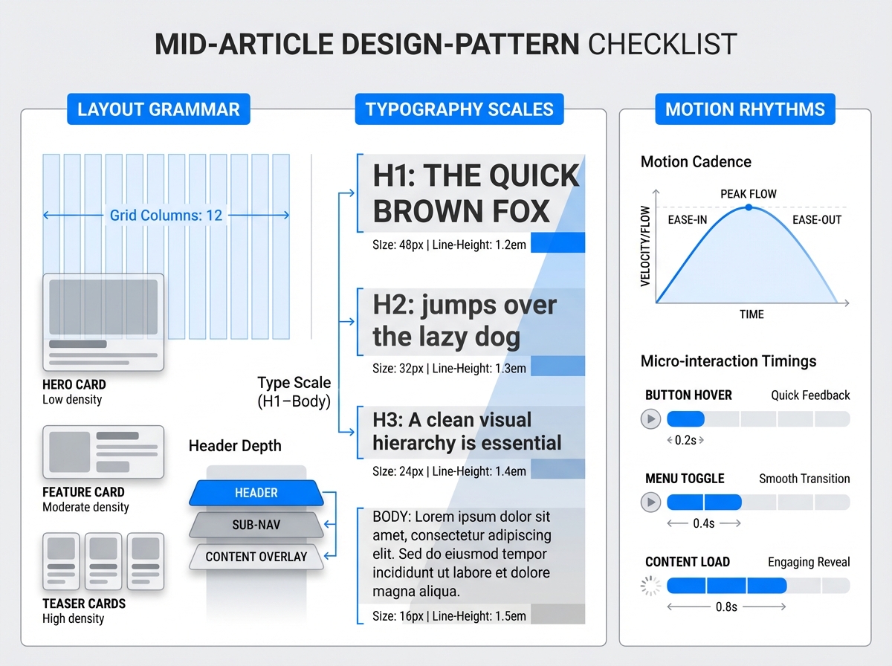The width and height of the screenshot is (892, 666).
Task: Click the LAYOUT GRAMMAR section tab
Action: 158,109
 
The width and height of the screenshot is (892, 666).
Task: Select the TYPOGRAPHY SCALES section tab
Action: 459,109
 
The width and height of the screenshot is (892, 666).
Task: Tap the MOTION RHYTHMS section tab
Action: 745,109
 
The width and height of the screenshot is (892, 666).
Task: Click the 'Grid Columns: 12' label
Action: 166,216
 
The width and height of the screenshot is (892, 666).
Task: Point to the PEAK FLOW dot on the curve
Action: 749,207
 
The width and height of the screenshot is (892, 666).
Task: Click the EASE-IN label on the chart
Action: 688,220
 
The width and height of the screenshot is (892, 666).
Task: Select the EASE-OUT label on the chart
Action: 816,220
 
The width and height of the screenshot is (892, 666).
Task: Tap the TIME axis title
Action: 752,314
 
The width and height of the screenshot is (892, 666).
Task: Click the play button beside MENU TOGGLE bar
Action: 650,502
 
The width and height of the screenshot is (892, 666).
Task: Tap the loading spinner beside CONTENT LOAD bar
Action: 650,586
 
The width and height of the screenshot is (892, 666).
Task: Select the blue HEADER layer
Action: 256,493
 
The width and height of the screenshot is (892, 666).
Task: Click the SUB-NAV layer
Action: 256,525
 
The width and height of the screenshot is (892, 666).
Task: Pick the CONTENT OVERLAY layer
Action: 256,557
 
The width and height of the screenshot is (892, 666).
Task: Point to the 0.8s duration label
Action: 725,607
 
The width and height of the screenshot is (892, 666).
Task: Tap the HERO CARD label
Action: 74,384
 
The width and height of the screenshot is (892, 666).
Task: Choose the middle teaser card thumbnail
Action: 103,560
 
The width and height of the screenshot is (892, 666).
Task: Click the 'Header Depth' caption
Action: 235,446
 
